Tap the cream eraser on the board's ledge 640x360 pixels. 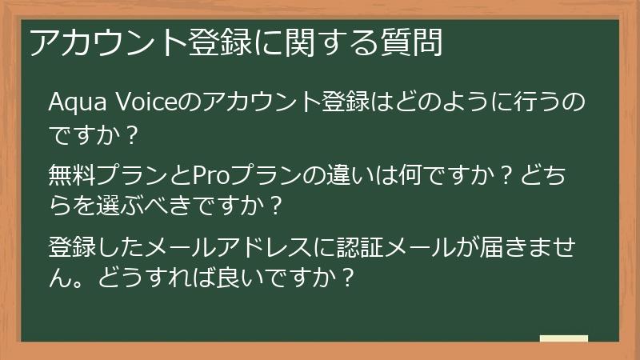click(563, 338)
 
